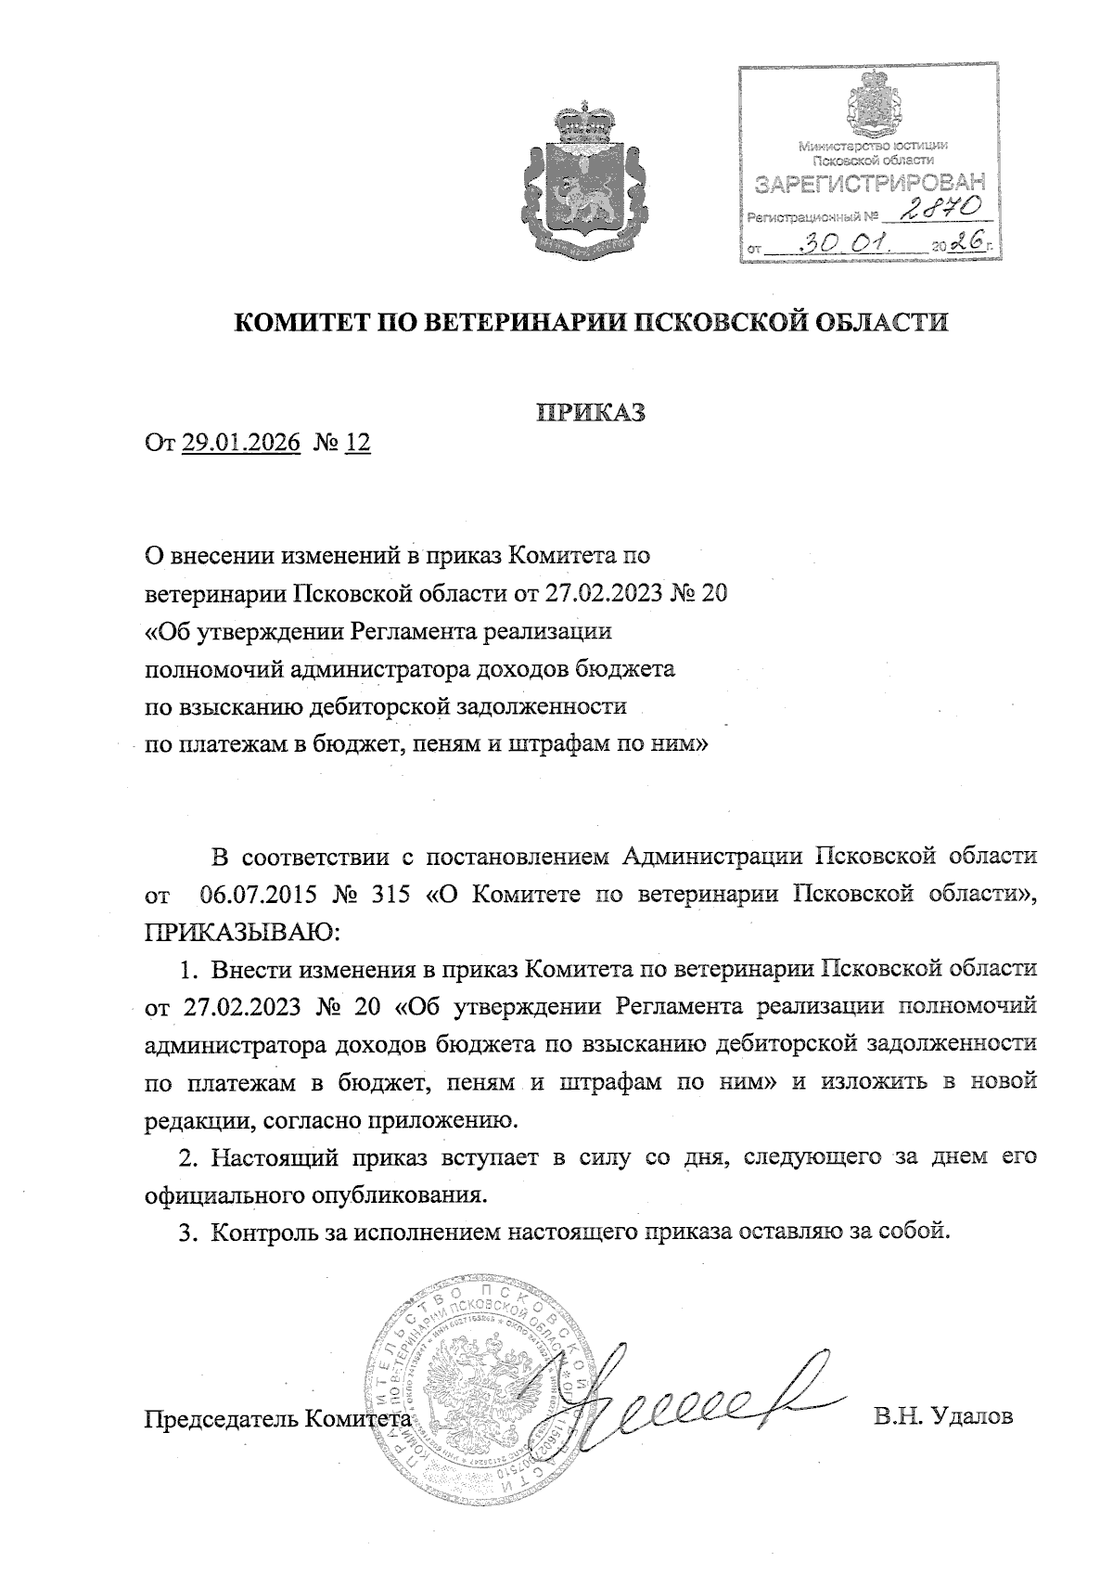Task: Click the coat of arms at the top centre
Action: pos(585,182)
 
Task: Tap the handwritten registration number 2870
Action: pos(936,211)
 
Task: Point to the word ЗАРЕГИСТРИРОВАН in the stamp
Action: pos(873,186)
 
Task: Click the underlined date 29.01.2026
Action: pos(241,444)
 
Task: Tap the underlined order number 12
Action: pos(357,444)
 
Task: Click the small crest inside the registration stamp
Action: pos(872,107)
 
